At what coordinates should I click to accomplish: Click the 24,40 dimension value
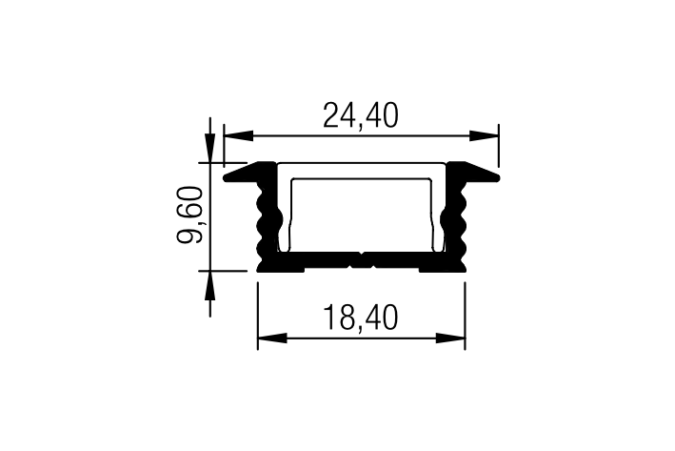pos(361,115)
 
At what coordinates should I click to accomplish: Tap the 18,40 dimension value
pos(361,318)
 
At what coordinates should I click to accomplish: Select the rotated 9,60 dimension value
pos(189,215)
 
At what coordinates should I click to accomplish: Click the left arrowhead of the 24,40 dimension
pos(238,135)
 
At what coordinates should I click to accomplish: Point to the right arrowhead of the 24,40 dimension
pos(484,135)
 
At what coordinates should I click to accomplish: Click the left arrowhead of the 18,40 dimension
pos(272,338)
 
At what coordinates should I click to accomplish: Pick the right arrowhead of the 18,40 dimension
pos(450,338)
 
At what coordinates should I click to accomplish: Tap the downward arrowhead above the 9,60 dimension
pos(210,148)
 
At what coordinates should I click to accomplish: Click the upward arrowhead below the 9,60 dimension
pos(210,285)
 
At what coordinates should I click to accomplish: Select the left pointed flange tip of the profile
pos(225,177)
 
